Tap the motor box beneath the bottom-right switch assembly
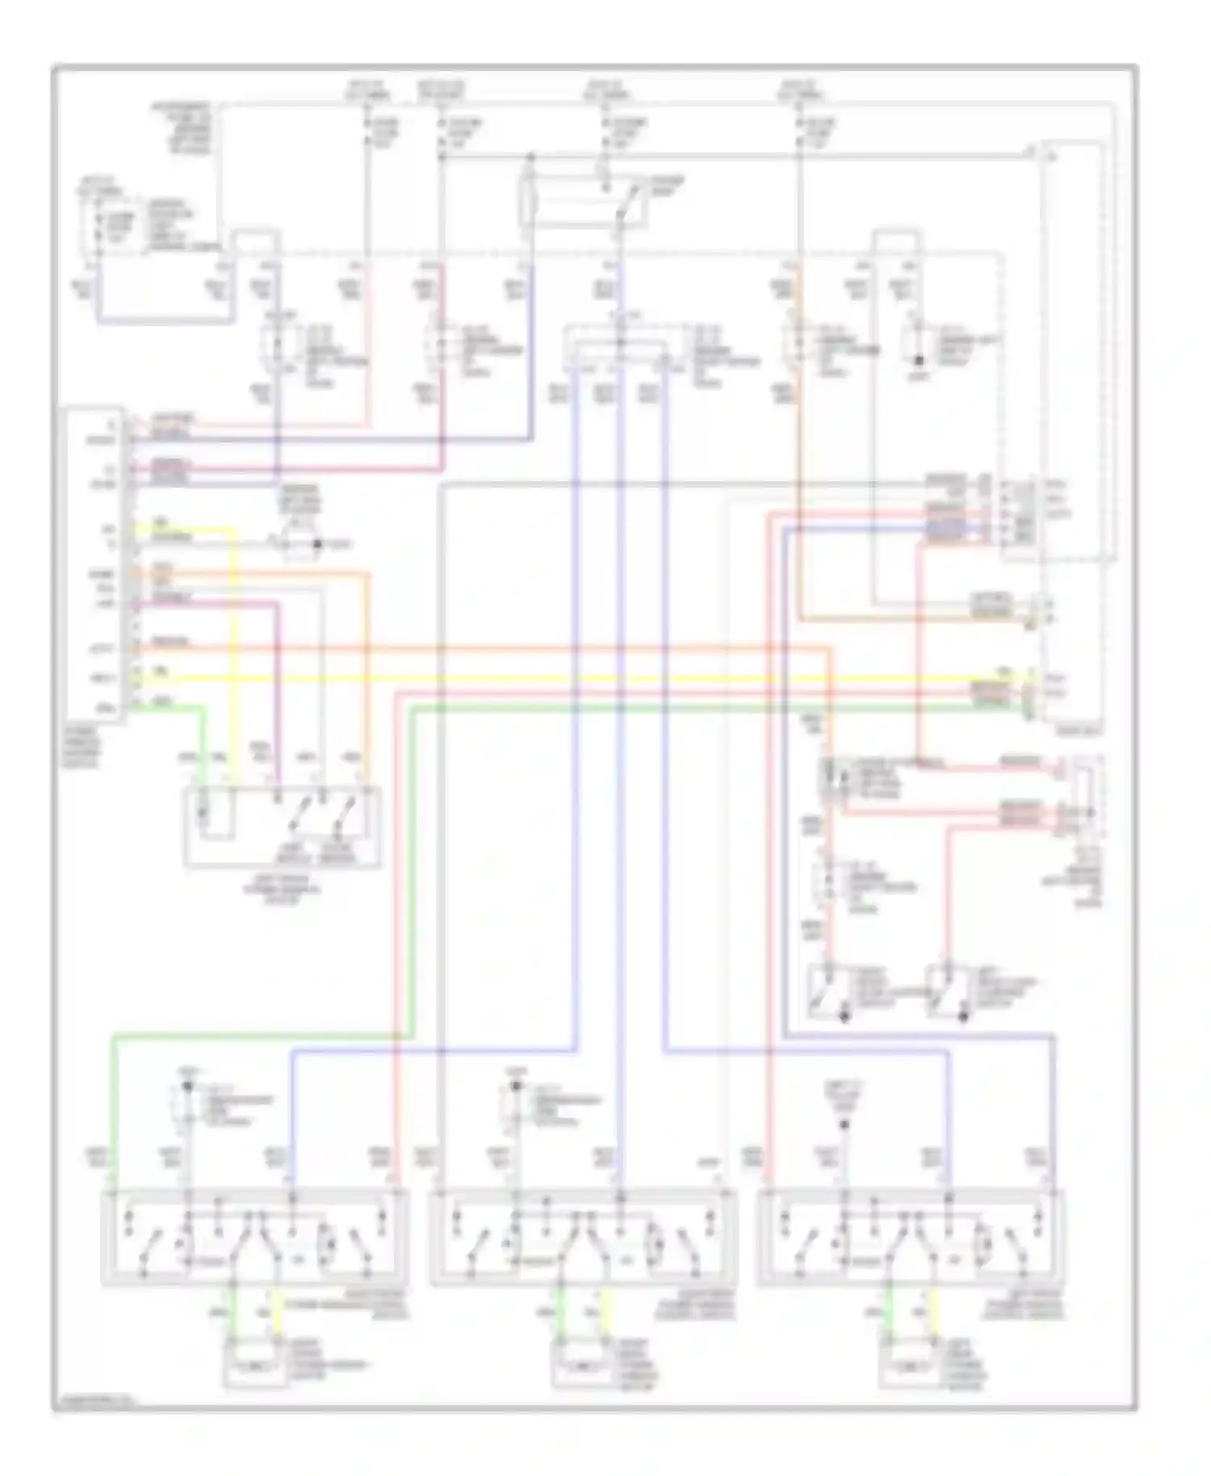pyautogui.click(x=910, y=1363)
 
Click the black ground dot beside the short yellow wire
pyautogui.click(x=317, y=544)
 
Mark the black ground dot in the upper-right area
pyautogui.click(x=918, y=356)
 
